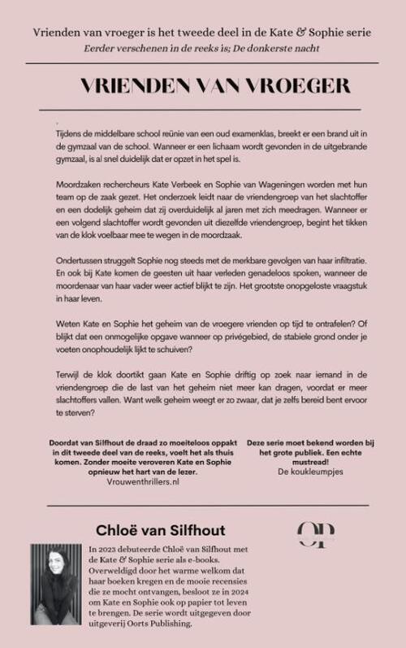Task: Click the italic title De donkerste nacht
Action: point(284,49)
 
